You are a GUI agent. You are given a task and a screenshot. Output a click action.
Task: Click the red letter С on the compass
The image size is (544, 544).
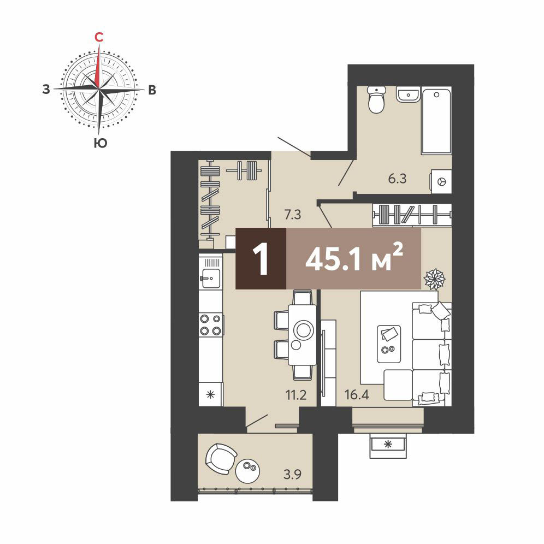tap(99, 37)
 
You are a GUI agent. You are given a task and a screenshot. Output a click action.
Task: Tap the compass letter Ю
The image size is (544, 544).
tap(100, 143)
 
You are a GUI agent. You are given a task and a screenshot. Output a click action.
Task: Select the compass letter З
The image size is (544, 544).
tap(46, 90)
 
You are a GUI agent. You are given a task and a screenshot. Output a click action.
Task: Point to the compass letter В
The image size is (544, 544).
tap(152, 90)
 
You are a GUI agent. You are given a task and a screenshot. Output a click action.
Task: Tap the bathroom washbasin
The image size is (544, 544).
tap(409, 94)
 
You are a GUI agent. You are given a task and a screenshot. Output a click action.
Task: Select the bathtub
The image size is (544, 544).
tap(436, 121)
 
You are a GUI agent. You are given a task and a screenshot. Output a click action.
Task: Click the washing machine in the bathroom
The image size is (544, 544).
tap(441, 181)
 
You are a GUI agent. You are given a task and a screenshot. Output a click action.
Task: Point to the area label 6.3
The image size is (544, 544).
tap(397, 179)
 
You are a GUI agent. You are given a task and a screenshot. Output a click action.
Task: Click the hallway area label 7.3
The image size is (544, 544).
tap(292, 215)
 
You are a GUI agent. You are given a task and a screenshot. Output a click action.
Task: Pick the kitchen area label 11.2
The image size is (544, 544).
tap(296, 395)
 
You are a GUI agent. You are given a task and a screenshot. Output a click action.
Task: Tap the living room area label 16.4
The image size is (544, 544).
tap(357, 394)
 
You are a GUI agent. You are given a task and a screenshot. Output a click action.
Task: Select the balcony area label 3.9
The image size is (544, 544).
tap(292, 474)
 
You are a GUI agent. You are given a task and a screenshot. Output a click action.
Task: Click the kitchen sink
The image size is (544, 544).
tap(211, 278)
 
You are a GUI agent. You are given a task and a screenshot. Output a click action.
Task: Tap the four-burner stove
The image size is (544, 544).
tap(211, 325)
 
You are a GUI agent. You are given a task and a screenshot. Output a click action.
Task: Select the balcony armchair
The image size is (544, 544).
tap(221, 459)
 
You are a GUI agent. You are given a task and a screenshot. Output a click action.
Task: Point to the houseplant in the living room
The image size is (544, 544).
tap(434, 279)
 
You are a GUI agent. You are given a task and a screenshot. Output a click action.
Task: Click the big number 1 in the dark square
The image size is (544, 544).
tap(261, 258)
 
